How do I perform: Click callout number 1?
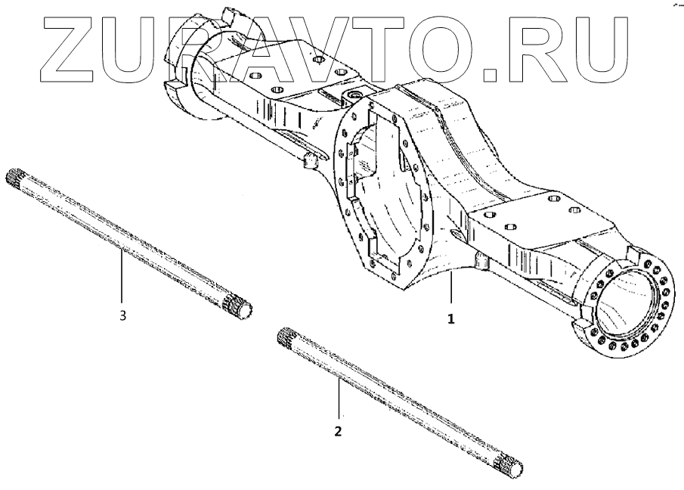point(451,318)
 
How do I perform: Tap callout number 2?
point(338,432)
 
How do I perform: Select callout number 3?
point(122,315)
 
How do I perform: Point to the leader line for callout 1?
point(451,290)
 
